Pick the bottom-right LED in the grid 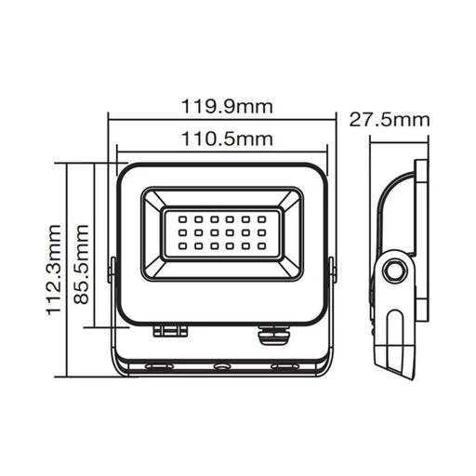coord(262,245)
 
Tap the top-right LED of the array coord(262,219)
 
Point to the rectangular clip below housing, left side coord(169,330)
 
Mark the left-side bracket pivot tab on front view coord(112,270)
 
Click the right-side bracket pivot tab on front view coord(332,270)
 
